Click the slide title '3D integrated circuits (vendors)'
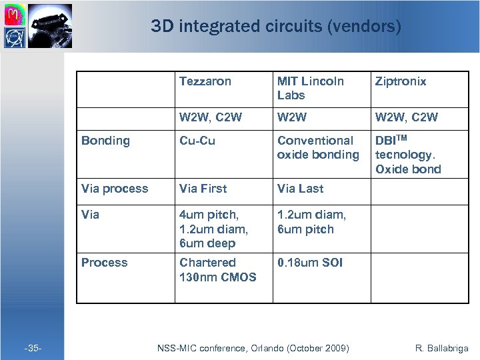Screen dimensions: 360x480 click(276, 27)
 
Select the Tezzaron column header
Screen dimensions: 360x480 click(205, 81)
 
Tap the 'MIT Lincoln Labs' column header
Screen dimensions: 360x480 click(311, 88)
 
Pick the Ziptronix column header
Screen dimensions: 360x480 click(401, 81)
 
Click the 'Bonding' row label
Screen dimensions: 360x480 click(105, 141)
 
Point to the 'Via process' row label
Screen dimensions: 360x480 click(115, 189)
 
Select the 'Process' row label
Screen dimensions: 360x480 click(104, 263)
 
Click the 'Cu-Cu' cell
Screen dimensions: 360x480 click(197, 141)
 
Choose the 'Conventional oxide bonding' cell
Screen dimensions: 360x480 click(318, 147)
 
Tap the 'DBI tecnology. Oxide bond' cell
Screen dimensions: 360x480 click(408, 155)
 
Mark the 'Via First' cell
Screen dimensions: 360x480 click(203, 189)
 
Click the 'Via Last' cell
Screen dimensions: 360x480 click(301, 189)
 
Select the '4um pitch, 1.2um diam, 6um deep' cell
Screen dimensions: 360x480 click(213, 229)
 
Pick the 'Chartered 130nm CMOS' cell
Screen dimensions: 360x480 click(217, 269)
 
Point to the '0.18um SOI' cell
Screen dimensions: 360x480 click(310, 263)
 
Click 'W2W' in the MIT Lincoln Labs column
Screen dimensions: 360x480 click(293, 117)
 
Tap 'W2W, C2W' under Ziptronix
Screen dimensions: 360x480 click(407, 117)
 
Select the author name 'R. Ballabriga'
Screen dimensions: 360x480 click(441, 348)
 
